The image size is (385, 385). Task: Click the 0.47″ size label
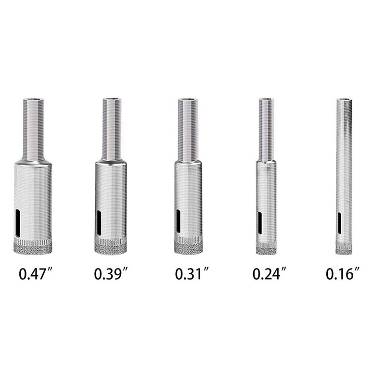click(x=35, y=274)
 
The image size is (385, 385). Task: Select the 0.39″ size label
click(x=111, y=274)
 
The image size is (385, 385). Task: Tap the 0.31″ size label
click(x=192, y=274)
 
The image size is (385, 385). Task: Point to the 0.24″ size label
click(x=269, y=274)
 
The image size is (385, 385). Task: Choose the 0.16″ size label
click(x=343, y=274)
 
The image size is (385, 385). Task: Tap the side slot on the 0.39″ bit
click(x=99, y=222)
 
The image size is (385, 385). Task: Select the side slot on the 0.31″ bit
click(x=178, y=222)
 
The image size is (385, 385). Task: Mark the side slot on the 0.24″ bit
click(x=260, y=223)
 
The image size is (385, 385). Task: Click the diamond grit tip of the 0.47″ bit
click(x=33, y=247)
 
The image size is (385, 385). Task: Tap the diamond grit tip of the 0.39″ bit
click(x=111, y=246)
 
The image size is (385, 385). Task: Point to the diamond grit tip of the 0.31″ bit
click(x=188, y=246)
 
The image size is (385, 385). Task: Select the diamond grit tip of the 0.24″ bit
click(x=266, y=248)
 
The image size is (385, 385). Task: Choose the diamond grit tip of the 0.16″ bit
click(x=344, y=249)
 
